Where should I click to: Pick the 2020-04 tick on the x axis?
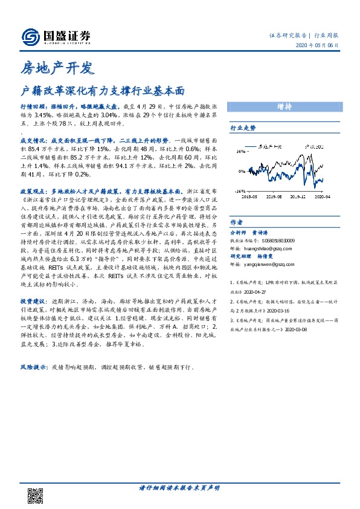point(322,196)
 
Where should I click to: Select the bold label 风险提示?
point(33,368)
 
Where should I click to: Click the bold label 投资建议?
point(33,300)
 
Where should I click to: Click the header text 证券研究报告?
point(288,35)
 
